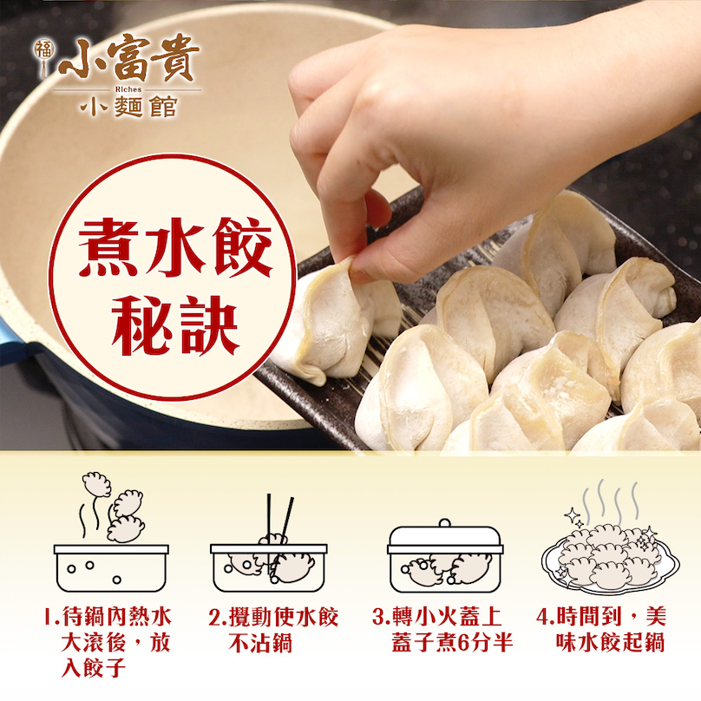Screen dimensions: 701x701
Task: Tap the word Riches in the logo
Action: coord(128,89)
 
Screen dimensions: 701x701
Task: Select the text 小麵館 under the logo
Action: coord(128,107)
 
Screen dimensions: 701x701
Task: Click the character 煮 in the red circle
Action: coord(108,247)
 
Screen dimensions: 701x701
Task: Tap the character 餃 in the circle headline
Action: coord(243,247)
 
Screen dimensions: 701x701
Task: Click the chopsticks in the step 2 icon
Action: coord(279,534)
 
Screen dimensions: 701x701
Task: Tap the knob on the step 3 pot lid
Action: coord(444,522)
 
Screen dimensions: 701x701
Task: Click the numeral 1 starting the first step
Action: coord(49,617)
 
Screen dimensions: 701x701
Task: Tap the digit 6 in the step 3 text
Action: coord(463,644)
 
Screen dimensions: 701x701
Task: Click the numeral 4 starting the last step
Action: coord(542,618)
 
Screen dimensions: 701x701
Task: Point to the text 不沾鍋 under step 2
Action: coord(260,644)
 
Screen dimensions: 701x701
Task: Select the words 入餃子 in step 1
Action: coord(94,669)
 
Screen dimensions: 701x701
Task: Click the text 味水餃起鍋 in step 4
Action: coord(610,644)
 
